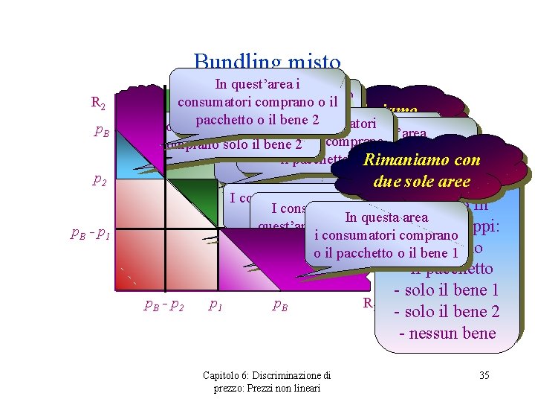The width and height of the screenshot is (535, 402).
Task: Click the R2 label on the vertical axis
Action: (x=97, y=103)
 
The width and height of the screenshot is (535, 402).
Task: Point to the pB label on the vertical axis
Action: (x=103, y=132)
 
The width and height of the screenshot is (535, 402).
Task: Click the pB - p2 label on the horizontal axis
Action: (x=163, y=304)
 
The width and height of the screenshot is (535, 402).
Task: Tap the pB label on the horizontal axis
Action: (x=280, y=304)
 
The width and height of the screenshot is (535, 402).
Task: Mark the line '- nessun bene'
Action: (x=447, y=333)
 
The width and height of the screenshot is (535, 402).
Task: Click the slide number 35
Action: (x=484, y=375)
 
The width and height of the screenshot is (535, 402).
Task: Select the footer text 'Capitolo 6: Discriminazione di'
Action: (x=267, y=374)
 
